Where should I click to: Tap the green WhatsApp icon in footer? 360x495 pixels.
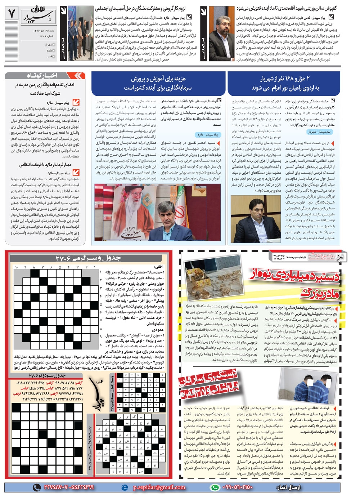(x=215, y=487)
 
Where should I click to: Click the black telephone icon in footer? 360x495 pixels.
(x=37, y=487)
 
